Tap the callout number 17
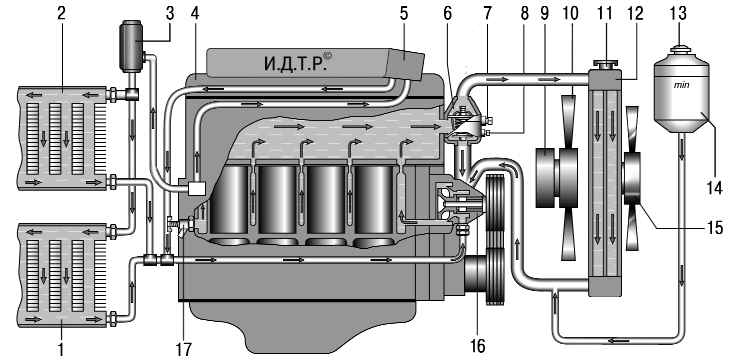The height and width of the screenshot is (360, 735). click(184, 349)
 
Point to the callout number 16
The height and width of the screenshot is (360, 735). click(477, 347)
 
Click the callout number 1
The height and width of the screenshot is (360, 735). click(61, 349)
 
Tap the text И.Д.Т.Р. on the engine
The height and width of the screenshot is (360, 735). click(294, 64)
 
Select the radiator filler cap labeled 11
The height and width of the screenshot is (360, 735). click(605, 64)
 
